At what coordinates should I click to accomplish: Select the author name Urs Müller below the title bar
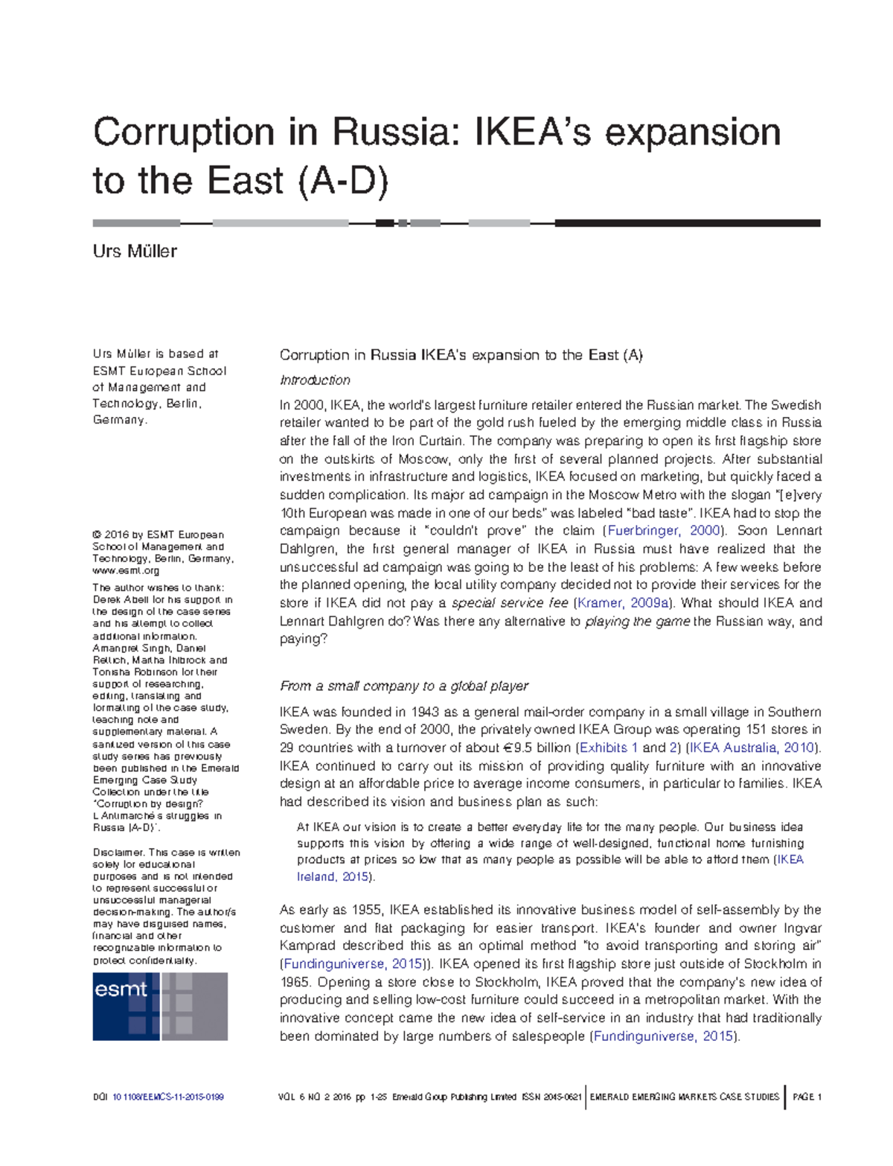point(135,251)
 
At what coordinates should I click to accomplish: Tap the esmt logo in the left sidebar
point(159,1006)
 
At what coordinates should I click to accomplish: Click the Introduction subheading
point(315,380)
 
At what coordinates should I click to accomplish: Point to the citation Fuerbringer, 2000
point(664,531)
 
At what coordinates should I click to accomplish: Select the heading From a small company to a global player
point(403,686)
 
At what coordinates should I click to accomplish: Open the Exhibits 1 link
point(609,748)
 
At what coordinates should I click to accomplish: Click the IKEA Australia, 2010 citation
point(752,748)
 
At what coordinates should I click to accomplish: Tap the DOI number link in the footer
point(167,1097)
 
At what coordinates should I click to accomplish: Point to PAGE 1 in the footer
point(807,1097)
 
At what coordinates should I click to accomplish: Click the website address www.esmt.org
point(126,570)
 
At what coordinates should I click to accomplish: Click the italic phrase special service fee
point(510,603)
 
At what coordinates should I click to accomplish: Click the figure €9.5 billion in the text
point(534,748)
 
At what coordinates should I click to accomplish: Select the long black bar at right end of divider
point(687,223)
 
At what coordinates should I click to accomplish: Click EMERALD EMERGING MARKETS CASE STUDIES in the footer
point(685,1097)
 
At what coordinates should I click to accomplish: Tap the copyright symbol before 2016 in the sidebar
point(97,535)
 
